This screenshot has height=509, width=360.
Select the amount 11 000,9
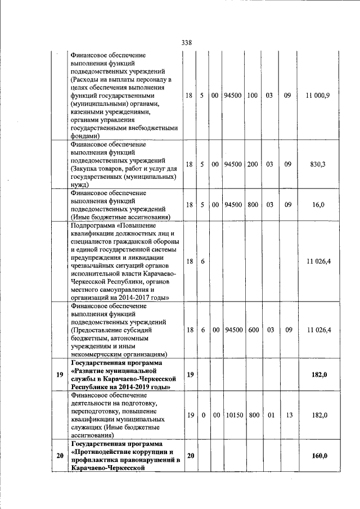pos(318,96)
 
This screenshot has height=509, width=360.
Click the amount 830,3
pos(318,164)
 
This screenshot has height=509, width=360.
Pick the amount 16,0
pos(318,205)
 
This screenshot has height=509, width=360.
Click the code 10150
pos(233,415)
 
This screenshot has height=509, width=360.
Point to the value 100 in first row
pos(253,96)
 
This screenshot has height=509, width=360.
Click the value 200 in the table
pos(253,164)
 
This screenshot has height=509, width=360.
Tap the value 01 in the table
pos(269,415)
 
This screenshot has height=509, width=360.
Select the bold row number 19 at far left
pos(59,375)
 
